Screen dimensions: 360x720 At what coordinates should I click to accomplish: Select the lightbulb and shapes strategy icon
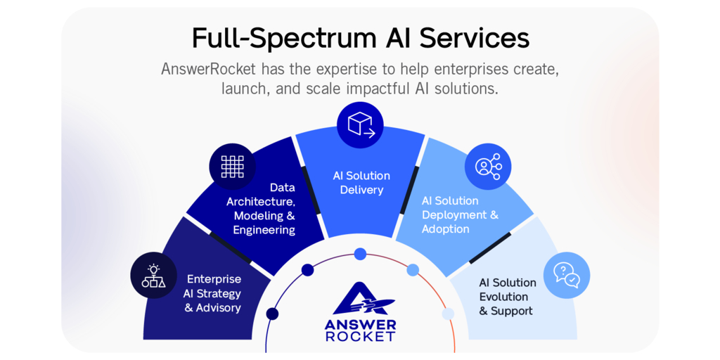click(153, 276)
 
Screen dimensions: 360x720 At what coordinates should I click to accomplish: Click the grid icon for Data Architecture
click(232, 166)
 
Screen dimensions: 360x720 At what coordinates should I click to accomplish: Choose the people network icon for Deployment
click(488, 167)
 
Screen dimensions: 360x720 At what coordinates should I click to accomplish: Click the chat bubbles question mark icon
click(566, 275)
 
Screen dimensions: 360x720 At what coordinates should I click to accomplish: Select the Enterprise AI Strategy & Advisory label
click(213, 293)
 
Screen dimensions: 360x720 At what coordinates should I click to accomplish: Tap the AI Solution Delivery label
click(361, 182)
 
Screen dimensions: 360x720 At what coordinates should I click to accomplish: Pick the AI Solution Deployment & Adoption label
click(459, 214)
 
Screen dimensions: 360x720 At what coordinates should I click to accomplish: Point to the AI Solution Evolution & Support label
click(507, 296)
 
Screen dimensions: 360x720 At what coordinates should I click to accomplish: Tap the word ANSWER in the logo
click(360, 324)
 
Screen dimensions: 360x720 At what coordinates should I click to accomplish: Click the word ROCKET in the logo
click(360, 337)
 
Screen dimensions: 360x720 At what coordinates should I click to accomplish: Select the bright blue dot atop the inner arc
click(360, 254)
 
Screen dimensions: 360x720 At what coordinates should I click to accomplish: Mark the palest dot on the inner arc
click(448, 314)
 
